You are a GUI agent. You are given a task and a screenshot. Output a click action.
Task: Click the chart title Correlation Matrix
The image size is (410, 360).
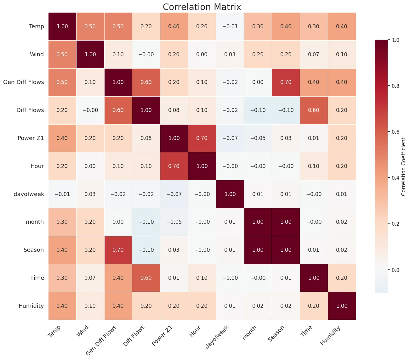tap(202, 7)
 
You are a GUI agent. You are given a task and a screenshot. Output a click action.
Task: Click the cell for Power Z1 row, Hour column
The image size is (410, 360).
tap(202, 138)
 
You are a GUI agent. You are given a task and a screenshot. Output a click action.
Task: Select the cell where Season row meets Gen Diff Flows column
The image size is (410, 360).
tap(118, 250)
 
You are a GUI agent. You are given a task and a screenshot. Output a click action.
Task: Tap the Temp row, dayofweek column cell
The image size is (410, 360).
tap(230, 26)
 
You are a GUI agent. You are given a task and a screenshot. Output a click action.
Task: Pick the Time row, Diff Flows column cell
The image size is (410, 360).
tap(146, 278)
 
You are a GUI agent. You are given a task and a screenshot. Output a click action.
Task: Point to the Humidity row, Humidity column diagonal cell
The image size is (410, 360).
tap(342, 306)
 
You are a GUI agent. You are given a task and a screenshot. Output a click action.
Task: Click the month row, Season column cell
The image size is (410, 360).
tap(286, 222)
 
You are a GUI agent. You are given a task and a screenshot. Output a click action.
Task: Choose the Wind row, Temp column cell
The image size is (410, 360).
tap(62, 54)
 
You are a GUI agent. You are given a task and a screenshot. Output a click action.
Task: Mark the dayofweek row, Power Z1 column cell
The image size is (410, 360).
tap(174, 194)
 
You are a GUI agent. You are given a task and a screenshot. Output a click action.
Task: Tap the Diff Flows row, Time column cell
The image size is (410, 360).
tap(314, 110)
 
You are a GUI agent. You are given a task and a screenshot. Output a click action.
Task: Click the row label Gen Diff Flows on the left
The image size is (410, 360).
tap(24, 82)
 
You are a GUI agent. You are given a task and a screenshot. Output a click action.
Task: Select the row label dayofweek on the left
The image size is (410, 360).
tap(29, 194)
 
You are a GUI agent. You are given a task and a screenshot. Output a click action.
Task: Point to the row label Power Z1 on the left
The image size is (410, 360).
tap(31, 138)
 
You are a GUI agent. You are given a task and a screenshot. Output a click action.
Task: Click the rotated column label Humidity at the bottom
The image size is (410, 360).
tap(330, 336)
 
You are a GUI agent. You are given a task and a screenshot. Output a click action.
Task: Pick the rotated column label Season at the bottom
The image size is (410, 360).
tap(276, 333)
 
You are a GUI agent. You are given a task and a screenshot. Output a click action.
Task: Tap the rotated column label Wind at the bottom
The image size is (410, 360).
tap(83, 331)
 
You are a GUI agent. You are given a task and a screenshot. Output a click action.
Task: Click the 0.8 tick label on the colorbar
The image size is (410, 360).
tap(395, 86)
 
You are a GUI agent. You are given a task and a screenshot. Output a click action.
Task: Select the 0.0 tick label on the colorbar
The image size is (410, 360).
tap(395, 270)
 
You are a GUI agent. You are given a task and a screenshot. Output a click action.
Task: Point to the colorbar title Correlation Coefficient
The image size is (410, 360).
tap(403, 166)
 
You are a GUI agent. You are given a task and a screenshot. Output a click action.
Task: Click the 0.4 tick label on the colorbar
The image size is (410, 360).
tap(395, 178)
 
